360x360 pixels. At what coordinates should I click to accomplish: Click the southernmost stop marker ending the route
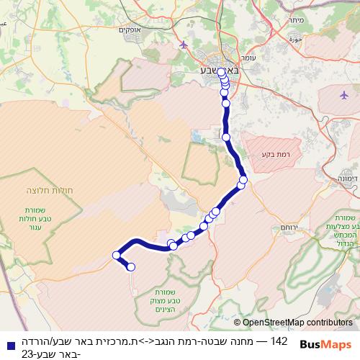131,267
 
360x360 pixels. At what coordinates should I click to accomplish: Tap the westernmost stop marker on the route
116,255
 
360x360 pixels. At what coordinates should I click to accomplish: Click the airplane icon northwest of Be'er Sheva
184,45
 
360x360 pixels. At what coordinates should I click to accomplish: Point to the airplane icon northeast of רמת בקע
344,94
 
